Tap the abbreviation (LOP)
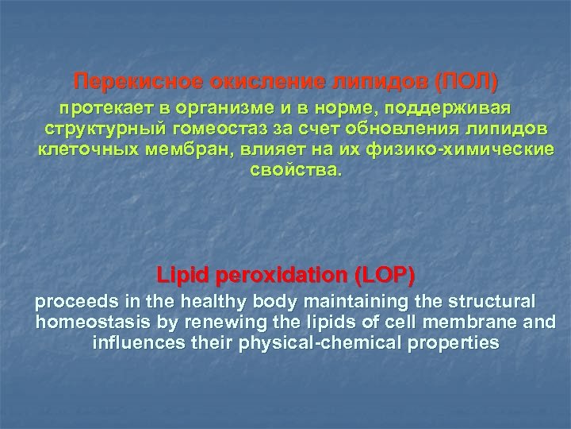coord(385,276)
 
